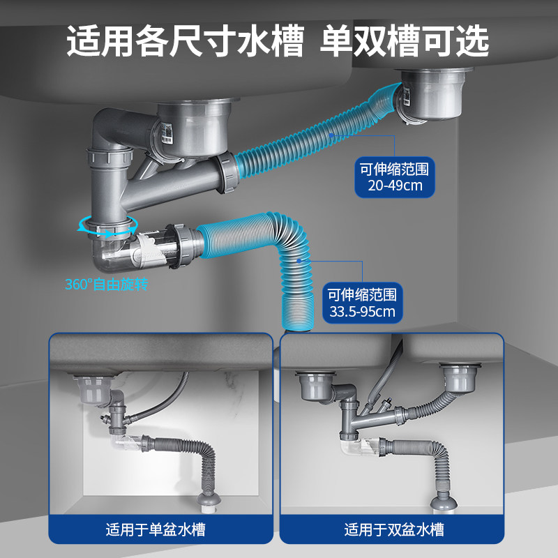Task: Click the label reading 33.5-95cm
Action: coord(362,311)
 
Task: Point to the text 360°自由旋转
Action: coord(107,285)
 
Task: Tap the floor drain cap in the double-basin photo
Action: coord(440,500)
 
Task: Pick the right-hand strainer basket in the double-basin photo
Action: coord(456,379)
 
